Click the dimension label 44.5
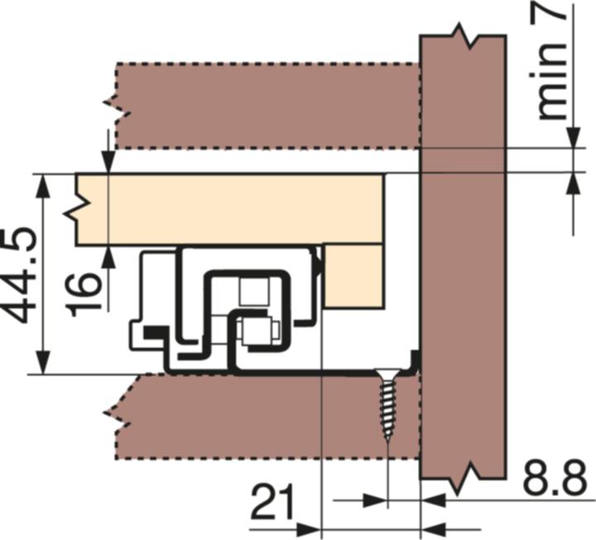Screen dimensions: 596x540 point(18,275)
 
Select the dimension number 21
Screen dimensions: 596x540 point(272,501)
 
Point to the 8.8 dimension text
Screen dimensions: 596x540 point(555,477)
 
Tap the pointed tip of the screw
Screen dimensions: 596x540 point(387,442)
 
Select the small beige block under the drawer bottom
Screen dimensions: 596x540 point(353,275)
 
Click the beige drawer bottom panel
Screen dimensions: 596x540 point(228,209)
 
